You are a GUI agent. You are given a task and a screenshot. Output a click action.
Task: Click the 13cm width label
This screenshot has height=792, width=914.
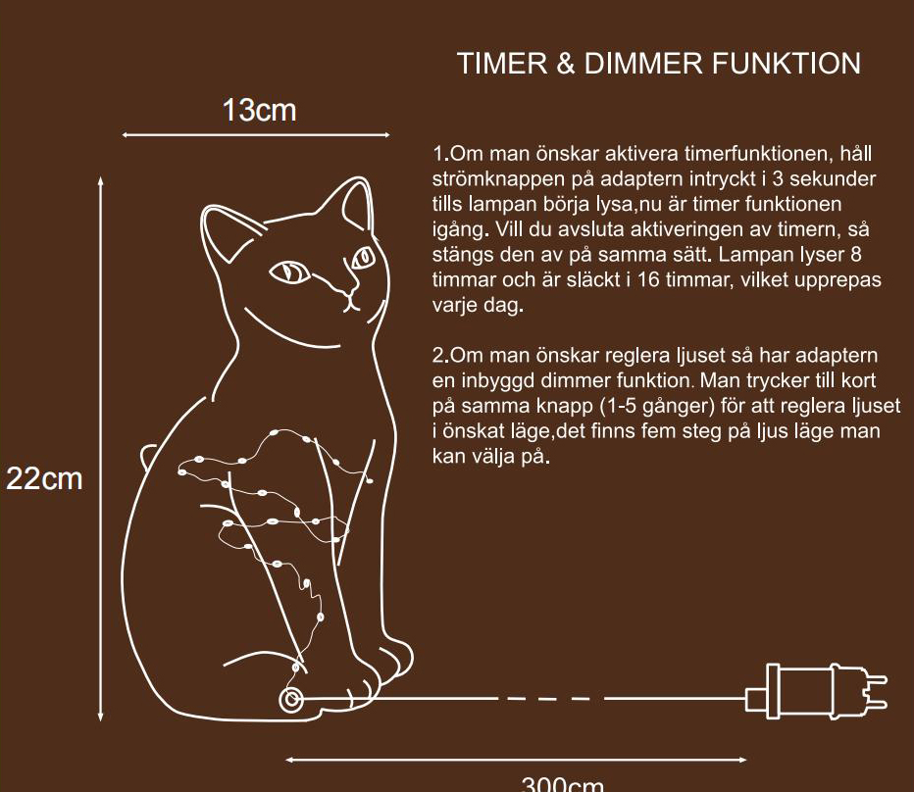tap(258, 110)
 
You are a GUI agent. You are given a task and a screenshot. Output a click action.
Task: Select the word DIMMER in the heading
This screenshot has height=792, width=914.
tap(641, 65)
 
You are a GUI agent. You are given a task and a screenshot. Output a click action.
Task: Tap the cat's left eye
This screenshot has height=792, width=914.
tap(289, 272)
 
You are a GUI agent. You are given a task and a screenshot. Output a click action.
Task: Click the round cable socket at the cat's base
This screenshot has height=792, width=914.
tap(290, 700)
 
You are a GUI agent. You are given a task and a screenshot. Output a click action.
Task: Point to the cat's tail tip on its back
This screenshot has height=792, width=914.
tap(147, 453)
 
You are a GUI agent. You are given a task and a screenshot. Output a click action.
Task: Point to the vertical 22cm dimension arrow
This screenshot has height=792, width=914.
tap(101, 450)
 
